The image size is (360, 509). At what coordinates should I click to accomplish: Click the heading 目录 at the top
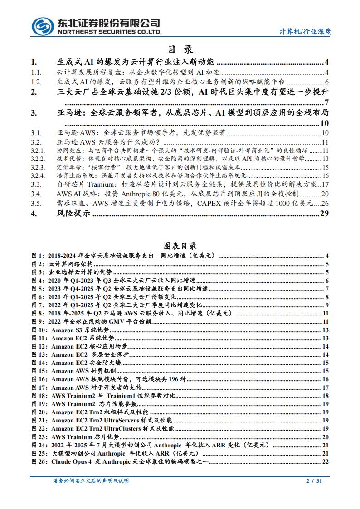tap(180, 49)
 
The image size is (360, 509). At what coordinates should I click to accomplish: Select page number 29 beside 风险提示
tap(324, 214)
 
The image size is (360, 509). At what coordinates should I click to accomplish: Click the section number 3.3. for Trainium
tap(36, 184)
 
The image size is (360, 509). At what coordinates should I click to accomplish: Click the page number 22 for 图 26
tap(325, 461)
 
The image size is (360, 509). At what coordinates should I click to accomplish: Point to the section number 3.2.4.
tap(38, 175)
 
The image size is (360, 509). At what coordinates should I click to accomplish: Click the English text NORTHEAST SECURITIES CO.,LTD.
tap(109, 33)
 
